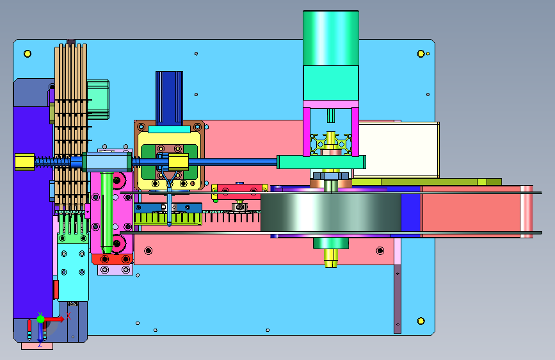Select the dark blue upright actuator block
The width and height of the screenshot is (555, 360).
point(169,99)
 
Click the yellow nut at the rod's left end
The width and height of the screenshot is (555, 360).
point(25,162)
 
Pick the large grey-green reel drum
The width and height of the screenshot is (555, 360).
point(330,212)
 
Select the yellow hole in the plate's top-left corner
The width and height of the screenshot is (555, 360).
point(28,54)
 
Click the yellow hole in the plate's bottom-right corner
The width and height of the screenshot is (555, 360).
point(421,321)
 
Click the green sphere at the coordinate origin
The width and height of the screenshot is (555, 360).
point(40,319)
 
